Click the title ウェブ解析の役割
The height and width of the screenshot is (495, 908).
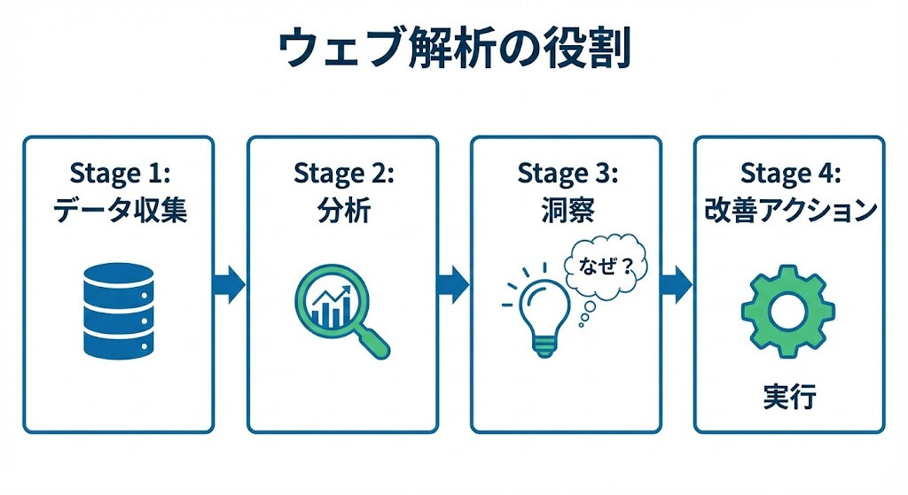click(453, 50)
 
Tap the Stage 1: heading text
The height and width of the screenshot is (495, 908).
click(119, 173)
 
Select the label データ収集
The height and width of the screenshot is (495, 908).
click(119, 211)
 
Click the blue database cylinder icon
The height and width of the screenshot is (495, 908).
click(118, 307)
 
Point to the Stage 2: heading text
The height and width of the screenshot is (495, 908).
click(342, 173)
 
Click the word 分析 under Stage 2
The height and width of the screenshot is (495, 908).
click(342, 211)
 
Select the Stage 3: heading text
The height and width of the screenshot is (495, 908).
click(566, 173)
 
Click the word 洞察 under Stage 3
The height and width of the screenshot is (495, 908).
click(566, 211)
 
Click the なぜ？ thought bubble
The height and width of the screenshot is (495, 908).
click(607, 266)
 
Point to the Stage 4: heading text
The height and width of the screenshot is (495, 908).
click(789, 173)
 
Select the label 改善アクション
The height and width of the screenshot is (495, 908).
click(789, 211)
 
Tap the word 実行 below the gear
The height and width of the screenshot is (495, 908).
click(788, 396)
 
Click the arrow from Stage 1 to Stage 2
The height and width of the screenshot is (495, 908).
click(230, 284)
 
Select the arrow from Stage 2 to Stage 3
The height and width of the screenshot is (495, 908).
click(453, 284)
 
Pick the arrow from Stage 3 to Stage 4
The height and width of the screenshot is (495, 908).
click(677, 284)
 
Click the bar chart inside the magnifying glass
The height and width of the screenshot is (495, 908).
click(331, 306)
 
